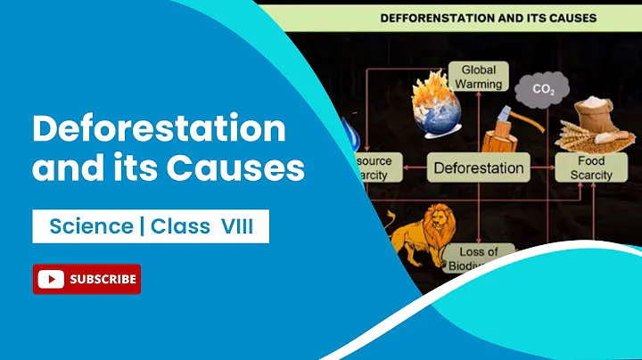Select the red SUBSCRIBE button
pyautogui.click(x=86, y=279)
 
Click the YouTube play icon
pyautogui.click(x=52, y=279)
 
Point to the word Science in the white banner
pyautogui.click(x=91, y=227)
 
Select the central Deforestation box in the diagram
pyautogui.click(x=478, y=167)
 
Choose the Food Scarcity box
pyautogui.click(x=591, y=168)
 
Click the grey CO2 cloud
pyautogui.click(x=542, y=89)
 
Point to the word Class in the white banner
pyautogui.click(x=178, y=227)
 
